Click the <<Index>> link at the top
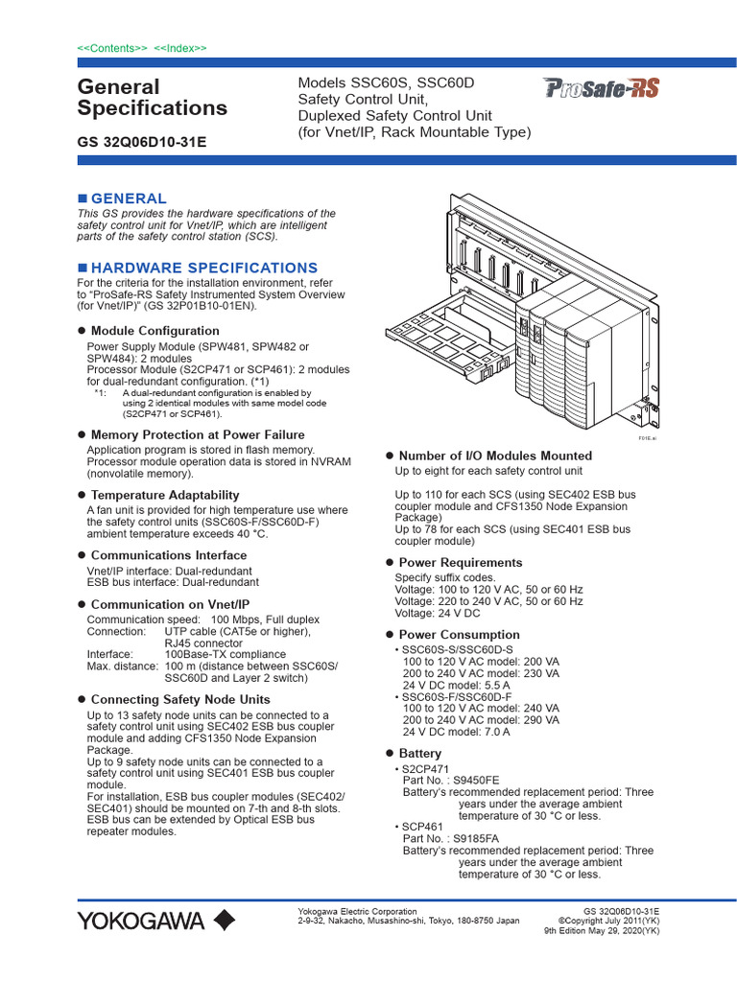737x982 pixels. click(180, 48)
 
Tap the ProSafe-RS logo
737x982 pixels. click(601, 89)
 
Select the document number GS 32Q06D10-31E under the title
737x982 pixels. click(141, 142)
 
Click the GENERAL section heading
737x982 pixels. click(128, 198)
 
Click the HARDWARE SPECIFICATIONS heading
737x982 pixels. click(203, 268)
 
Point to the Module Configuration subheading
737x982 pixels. click(155, 331)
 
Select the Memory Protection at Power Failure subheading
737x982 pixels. click(197, 434)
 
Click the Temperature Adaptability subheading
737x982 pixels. click(157, 495)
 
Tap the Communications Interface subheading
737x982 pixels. click(168, 555)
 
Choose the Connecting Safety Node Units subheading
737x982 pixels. click(179, 700)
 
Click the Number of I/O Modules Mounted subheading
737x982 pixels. click(494, 456)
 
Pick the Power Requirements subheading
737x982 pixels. click(460, 563)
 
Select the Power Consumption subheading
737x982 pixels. click(459, 635)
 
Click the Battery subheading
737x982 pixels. click(419, 754)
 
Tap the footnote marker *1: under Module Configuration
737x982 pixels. click(101, 393)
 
